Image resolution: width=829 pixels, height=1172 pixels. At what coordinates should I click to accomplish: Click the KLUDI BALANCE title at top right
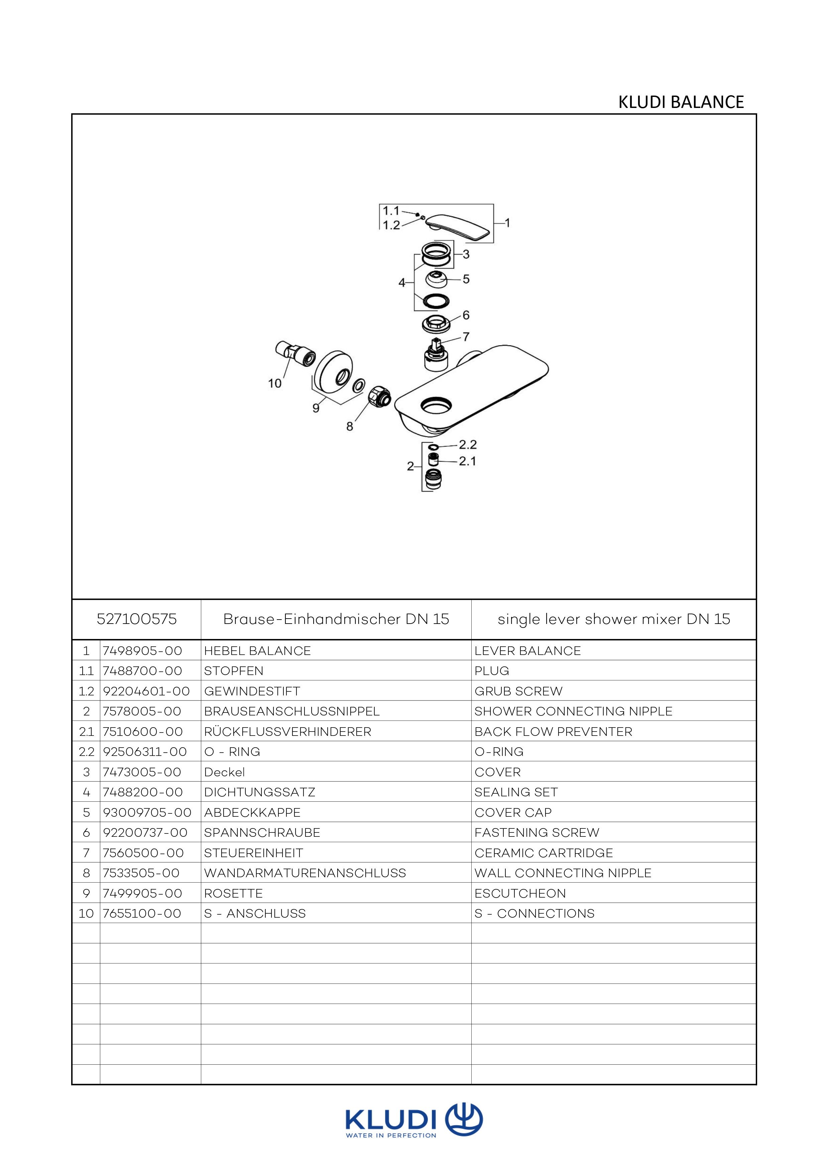pyautogui.click(x=681, y=102)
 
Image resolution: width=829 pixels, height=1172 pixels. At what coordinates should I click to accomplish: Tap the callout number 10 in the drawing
pyautogui.click(x=275, y=383)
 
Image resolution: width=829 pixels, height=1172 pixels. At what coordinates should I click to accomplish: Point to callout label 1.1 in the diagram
pyautogui.click(x=391, y=211)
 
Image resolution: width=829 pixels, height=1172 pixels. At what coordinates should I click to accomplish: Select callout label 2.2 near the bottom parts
pyautogui.click(x=468, y=444)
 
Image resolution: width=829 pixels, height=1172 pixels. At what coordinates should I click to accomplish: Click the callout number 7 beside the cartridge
pyautogui.click(x=466, y=337)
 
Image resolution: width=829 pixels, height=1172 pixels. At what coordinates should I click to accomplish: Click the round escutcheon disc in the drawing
pyautogui.click(x=332, y=370)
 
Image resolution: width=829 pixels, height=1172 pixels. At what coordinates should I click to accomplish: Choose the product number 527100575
pyautogui.click(x=136, y=619)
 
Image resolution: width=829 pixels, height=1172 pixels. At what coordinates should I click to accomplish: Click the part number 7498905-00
pyautogui.click(x=142, y=651)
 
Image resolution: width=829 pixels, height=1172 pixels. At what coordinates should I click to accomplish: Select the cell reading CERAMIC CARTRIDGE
pyautogui.click(x=544, y=853)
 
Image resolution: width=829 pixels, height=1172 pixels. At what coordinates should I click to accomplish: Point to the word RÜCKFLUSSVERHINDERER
pyautogui.click(x=287, y=732)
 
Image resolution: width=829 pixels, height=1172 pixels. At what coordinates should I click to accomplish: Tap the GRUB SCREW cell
pyautogui.click(x=519, y=691)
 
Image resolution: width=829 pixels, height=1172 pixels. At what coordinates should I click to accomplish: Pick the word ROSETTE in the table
pyautogui.click(x=233, y=893)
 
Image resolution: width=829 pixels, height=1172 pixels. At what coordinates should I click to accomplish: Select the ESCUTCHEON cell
pyautogui.click(x=520, y=893)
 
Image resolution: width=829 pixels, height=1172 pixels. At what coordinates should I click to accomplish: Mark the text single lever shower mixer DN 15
pyautogui.click(x=614, y=619)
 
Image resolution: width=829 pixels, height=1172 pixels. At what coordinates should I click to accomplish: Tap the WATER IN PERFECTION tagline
pyautogui.click(x=391, y=1135)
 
